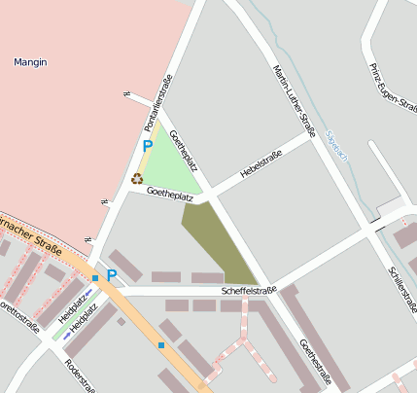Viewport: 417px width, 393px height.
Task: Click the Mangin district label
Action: click(x=30, y=62)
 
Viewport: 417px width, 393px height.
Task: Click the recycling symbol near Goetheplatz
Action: click(x=137, y=178)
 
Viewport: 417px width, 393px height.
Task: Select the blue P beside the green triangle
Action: click(x=148, y=146)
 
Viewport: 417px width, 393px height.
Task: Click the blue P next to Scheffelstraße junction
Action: click(x=112, y=275)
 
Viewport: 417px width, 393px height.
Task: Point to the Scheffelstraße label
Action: click(x=249, y=289)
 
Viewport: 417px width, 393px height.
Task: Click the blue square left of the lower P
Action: click(x=95, y=279)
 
